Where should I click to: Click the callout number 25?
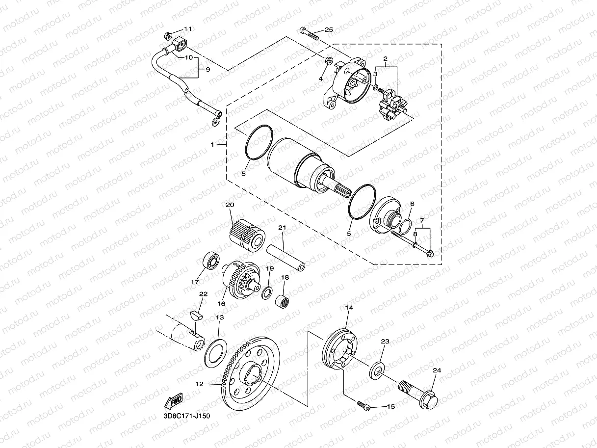(329, 30)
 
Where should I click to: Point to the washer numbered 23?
(377, 369)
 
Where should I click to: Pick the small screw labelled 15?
(363, 405)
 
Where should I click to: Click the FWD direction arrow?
(174, 402)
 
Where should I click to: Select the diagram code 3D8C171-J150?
(187, 417)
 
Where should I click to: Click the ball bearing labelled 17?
(211, 262)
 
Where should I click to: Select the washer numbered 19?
(267, 293)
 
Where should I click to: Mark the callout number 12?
(199, 384)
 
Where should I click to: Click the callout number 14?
(349, 308)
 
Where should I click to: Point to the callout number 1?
(212, 145)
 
